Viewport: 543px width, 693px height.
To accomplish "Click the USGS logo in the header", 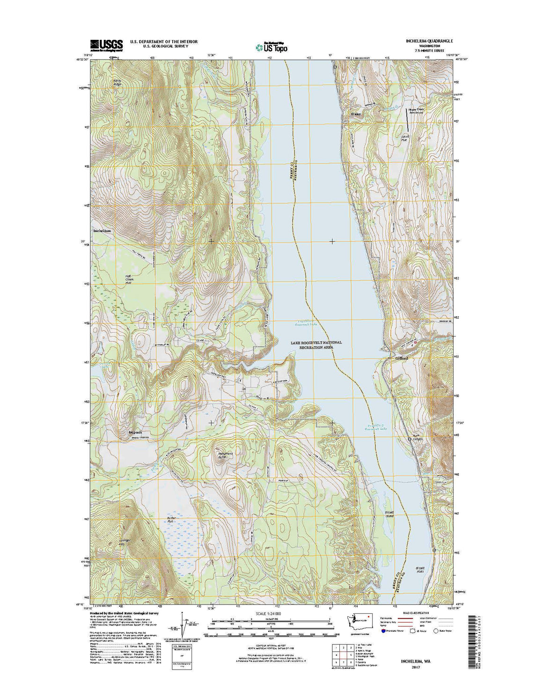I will (x=106, y=45).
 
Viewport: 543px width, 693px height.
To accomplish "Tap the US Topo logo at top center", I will (x=271, y=47).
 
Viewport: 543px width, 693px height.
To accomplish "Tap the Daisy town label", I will (x=356, y=114).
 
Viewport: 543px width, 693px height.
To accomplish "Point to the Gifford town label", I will (x=401, y=358).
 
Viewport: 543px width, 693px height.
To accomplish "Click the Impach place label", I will (x=132, y=432).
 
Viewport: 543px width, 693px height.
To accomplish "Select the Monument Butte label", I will (x=225, y=455).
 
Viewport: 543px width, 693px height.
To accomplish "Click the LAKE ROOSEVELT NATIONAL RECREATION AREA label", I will (x=316, y=345).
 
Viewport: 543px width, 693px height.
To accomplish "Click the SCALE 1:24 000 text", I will (x=271, y=613).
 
